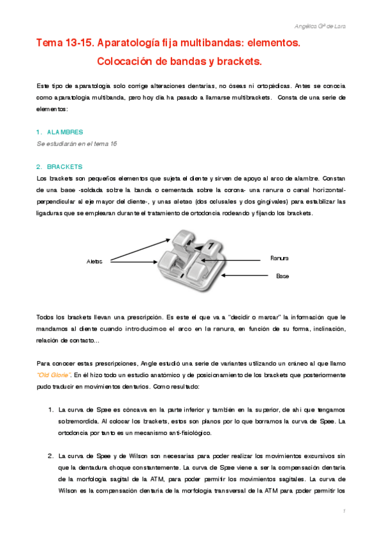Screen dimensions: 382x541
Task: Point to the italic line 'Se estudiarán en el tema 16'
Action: coord(77,144)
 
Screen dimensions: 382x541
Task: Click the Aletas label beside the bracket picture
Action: coord(94,261)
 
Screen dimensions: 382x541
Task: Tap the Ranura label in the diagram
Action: coord(279,258)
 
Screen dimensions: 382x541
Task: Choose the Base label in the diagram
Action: coord(283,276)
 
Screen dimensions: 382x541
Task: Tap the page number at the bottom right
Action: coord(344,512)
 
